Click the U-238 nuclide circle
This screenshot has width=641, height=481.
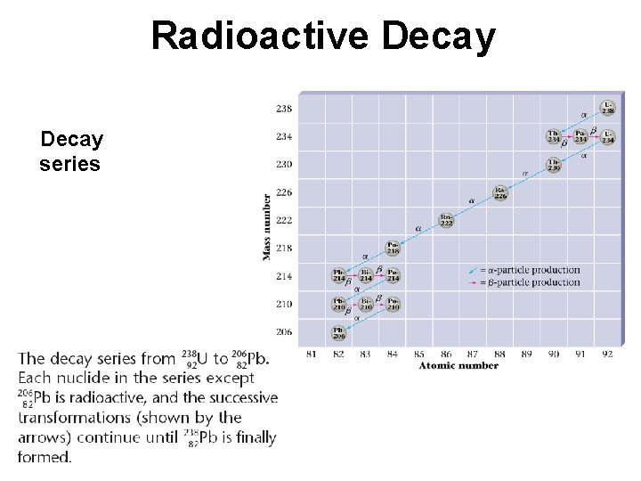point(608,109)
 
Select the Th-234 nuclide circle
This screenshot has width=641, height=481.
point(554,136)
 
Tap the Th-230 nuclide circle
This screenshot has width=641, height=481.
point(554,165)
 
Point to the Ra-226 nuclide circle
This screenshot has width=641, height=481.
point(500,192)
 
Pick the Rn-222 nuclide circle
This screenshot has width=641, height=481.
point(446,220)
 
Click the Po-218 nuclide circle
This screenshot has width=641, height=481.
point(393,248)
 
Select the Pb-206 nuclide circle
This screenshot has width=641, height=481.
point(339,332)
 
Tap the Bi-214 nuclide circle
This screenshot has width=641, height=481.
point(366,276)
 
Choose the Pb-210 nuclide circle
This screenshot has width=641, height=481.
point(339,304)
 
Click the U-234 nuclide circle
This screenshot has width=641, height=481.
point(608,136)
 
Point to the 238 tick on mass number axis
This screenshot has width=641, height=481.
point(283,109)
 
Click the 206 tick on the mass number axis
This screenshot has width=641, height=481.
point(283,332)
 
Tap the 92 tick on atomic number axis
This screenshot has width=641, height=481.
point(608,355)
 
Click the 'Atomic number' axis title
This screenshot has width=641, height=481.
point(458,365)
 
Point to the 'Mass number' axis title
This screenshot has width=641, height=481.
point(266,227)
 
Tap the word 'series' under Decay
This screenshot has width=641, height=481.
point(69,165)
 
